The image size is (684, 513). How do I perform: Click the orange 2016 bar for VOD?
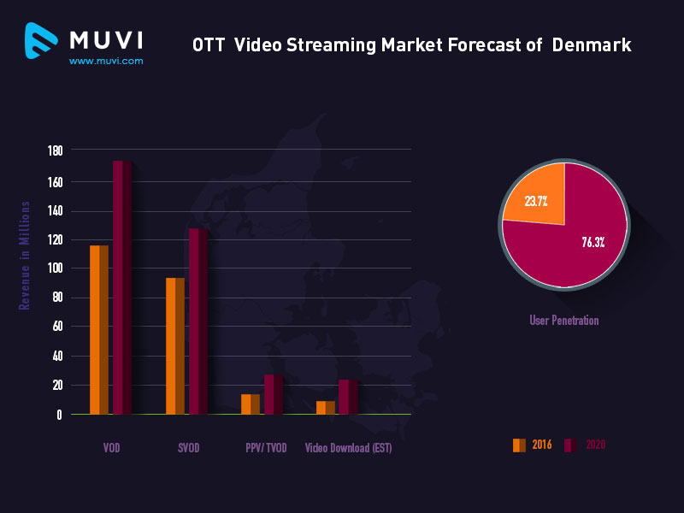(x=99, y=329)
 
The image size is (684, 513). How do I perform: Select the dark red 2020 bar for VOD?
(x=122, y=287)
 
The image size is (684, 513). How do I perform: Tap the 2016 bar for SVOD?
(x=174, y=345)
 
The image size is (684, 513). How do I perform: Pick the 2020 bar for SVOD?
(x=198, y=321)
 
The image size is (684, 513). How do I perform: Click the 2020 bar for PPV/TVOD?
(x=273, y=394)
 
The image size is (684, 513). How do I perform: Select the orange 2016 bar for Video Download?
(x=325, y=407)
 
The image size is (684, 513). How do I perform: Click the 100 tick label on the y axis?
(x=55, y=268)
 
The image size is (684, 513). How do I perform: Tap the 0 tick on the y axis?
(x=59, y=415)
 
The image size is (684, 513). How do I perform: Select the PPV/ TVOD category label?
(x=266, y=448)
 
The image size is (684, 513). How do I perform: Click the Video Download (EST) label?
(x=348, y=448)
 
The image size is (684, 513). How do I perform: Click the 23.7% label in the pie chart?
(x=536, y=202)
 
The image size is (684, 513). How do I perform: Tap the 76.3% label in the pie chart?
(x=593, y=242)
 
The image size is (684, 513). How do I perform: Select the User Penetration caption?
(x=563, y=321)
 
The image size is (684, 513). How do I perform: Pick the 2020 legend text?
(x=595, y=445)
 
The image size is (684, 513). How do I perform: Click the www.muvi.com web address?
(x=106, y=61)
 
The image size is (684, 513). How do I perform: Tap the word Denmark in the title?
(x=592, y=44)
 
